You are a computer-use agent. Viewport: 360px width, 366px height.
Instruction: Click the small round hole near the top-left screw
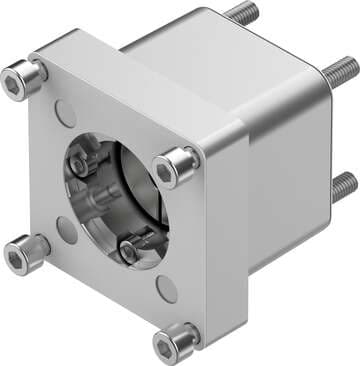(64, 112)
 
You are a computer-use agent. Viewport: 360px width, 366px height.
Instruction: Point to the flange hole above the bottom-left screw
(67, 230)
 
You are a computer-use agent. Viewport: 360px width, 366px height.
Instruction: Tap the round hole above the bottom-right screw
(167, 290)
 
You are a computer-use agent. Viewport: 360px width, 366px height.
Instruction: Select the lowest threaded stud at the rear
(343, 182)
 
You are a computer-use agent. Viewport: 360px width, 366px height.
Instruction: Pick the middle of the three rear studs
(340, 70)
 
